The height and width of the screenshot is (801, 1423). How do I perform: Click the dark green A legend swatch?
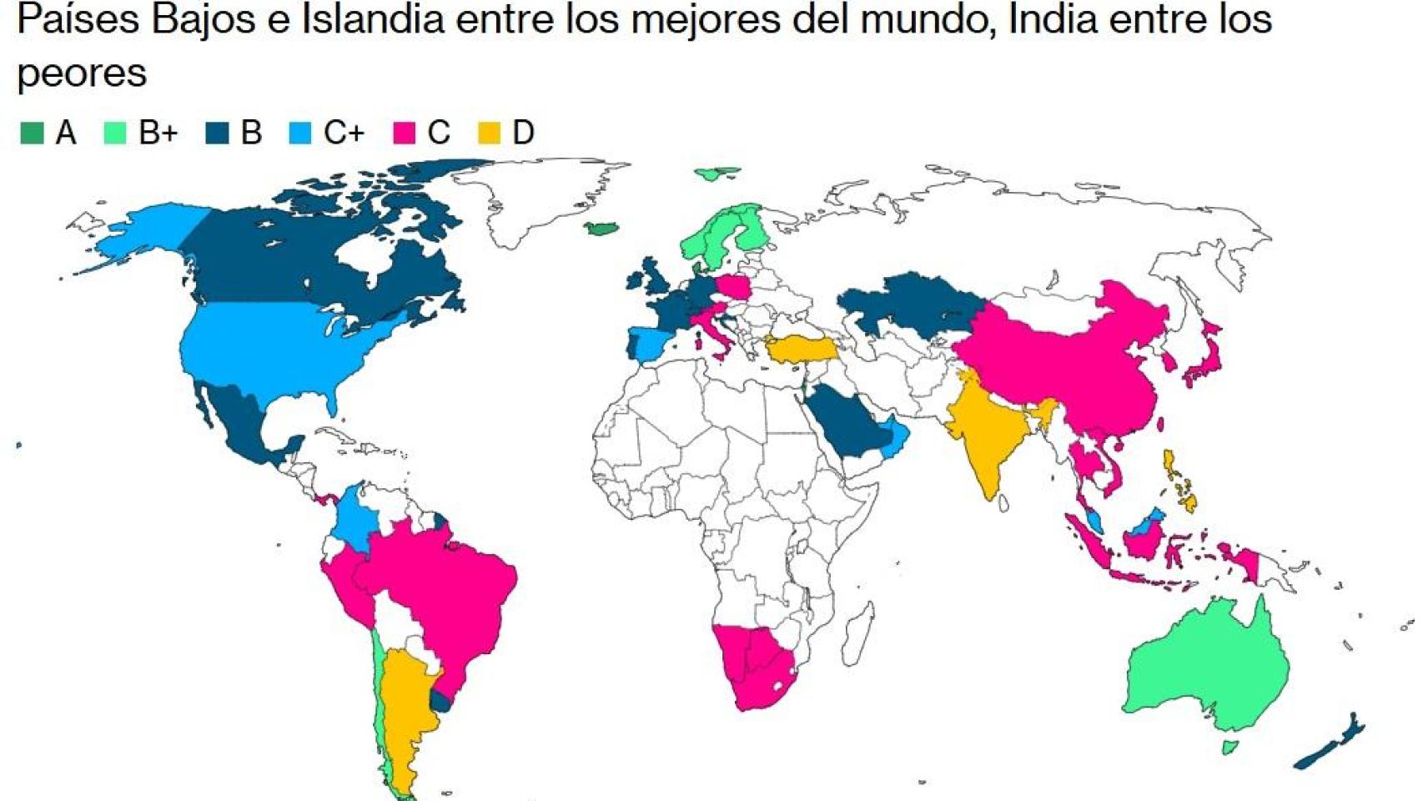tap(32, 133)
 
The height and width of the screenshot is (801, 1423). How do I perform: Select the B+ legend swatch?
tap(114, 133)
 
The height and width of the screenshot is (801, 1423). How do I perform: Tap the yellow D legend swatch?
tap(489, 133)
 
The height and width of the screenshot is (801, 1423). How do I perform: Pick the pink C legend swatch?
tap(404, 133)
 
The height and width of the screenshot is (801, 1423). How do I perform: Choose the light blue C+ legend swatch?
tap(299, 133)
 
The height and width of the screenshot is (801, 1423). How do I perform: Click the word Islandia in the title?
tap(373, 20)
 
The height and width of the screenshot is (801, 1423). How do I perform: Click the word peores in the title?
tap(82, 73)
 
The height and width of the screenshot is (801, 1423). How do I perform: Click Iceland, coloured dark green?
tap(601, 229)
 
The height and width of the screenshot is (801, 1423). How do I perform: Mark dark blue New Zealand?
tap(1330, 747)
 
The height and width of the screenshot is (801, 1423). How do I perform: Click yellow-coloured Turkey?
tap(801, 349)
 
